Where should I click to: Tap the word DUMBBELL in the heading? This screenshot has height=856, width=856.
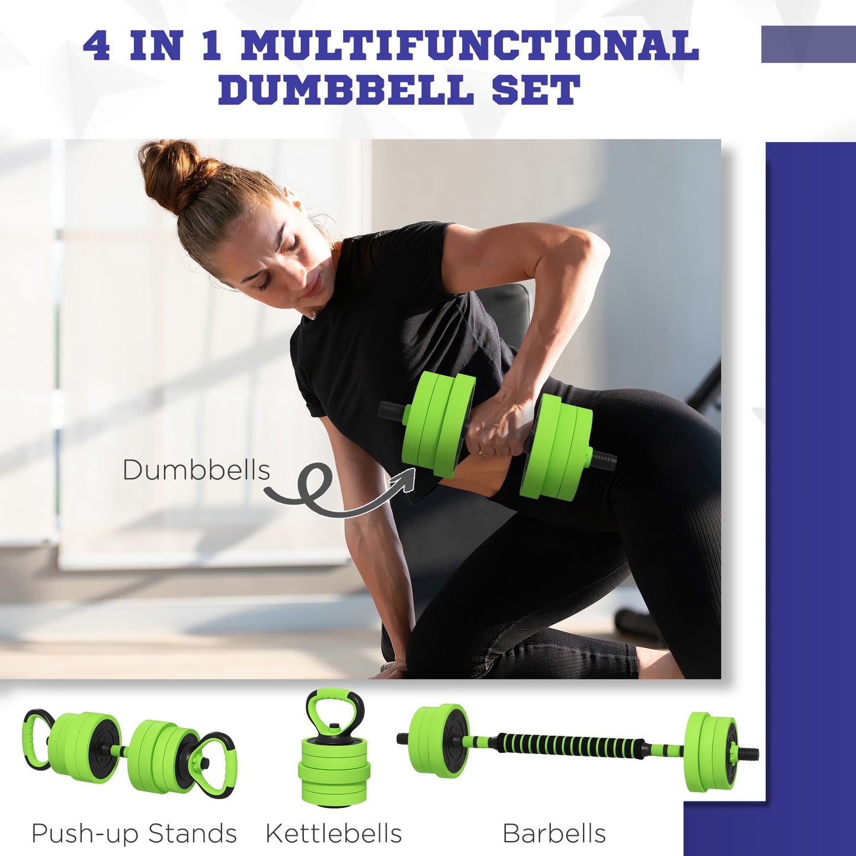pos(346,90)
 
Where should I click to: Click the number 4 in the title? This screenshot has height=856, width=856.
pos(97,46)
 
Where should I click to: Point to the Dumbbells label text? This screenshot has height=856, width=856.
pos(196,470)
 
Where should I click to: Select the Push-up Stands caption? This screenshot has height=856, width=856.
pos(134,833)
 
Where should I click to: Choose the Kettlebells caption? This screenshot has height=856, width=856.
pos(334,833)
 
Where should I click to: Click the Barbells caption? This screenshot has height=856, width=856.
pos(554,833)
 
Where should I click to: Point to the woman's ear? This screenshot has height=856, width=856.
pos(293,204)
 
